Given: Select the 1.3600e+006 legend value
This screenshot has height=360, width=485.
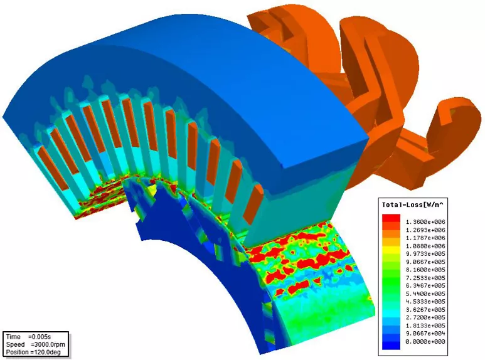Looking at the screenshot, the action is click(x=425, y=222).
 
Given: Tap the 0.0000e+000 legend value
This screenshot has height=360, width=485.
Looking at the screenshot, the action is click(x=425, y=341).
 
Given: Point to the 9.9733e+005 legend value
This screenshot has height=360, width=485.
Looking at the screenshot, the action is click(x=425, y=253).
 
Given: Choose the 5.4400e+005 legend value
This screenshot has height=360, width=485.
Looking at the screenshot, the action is click(x=425, y=294).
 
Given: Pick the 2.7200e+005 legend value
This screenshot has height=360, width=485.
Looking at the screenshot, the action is click(x=425, y=317).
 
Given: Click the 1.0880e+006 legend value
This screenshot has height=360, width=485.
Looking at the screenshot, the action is click(x=425, y=246).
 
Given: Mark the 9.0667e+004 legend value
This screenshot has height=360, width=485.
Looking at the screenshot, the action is click(x=425, y=334).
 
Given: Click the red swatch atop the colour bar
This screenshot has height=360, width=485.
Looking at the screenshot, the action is click(x=392, y=218).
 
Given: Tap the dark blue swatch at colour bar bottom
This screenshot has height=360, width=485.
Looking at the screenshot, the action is click(x=392, y=346).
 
